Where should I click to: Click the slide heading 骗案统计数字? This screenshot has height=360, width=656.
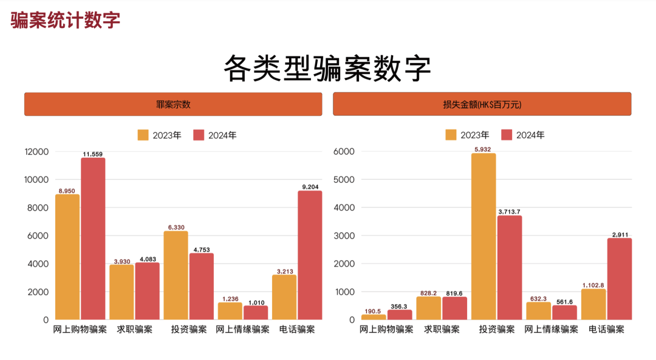tap(66, 19)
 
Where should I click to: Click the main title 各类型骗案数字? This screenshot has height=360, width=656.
tap(327, 68)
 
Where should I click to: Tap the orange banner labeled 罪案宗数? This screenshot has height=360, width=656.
tap(173, 104)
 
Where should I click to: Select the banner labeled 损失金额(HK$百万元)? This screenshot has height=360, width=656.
tap(482, 104)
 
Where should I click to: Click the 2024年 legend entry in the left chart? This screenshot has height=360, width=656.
tap(215, 135)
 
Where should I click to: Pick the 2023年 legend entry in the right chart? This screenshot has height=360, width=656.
tap(468, 135)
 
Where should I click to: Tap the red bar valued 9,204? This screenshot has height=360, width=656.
tap(310, 255)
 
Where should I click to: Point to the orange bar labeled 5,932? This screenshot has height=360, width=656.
tap(483, 236)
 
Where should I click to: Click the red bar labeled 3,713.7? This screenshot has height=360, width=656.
tap(509, 267)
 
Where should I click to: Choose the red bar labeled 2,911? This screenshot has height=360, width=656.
tap(620, 279)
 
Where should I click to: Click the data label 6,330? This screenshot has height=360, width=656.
tap(176, 227)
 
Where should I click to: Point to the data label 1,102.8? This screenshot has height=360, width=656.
tap(593, 285)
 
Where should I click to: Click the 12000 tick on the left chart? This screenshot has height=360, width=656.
tap(36, 152)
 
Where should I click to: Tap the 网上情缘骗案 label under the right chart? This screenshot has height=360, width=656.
tap(551, 330)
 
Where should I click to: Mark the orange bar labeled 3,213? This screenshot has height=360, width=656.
tap(284, 297)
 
